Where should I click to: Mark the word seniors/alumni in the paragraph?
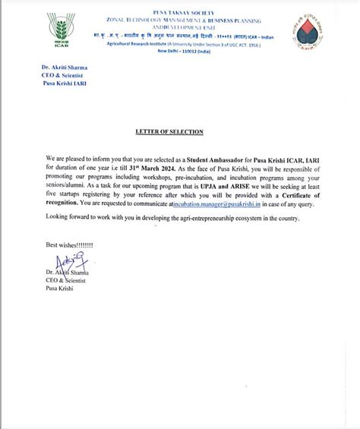pos(68,181)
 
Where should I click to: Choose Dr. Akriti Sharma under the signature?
pos(67,272)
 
